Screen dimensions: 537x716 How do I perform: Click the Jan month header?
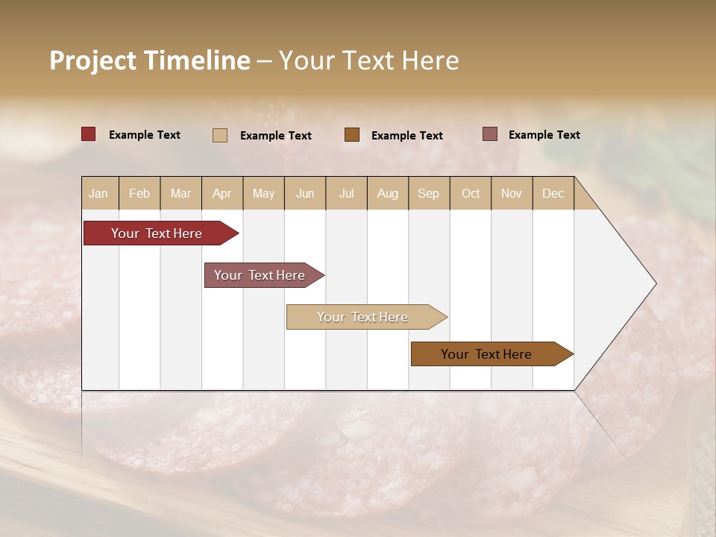click(98, 193)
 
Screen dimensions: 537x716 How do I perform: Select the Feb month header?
click(139, 193)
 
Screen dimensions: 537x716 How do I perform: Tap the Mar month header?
click(180, 193)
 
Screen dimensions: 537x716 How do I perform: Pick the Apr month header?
click(222, 193)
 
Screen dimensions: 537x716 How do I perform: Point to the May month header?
click(263, 193)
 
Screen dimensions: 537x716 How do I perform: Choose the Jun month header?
click(305, 193)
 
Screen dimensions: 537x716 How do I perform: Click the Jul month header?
click(346, 193)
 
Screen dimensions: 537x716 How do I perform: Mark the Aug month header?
click(387, 193)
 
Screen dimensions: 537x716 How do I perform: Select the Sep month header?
click(428, 193)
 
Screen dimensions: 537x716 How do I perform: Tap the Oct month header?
click(471, 193)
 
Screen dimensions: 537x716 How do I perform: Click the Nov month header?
click(512, 193)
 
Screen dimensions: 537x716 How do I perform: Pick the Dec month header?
click(553, 193)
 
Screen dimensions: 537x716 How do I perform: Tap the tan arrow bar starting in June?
click(363, 317)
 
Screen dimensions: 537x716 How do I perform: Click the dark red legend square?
click(89, 134)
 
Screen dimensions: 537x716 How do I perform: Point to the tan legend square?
click(220, 135)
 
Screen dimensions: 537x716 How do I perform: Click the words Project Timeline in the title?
click(150, 60)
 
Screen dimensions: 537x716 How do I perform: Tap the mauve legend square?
click(490, 134)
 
